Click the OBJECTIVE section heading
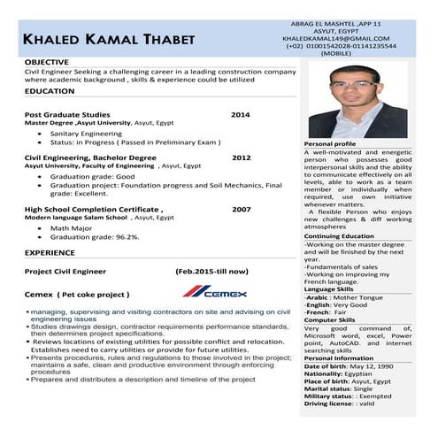47,62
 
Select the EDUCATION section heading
50,91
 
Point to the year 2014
241,115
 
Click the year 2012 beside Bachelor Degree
242,157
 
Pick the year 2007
242,210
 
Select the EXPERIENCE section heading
50,253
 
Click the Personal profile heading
330,143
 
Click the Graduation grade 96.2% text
95,237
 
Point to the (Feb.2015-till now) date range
212,271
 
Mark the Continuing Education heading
339,235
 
